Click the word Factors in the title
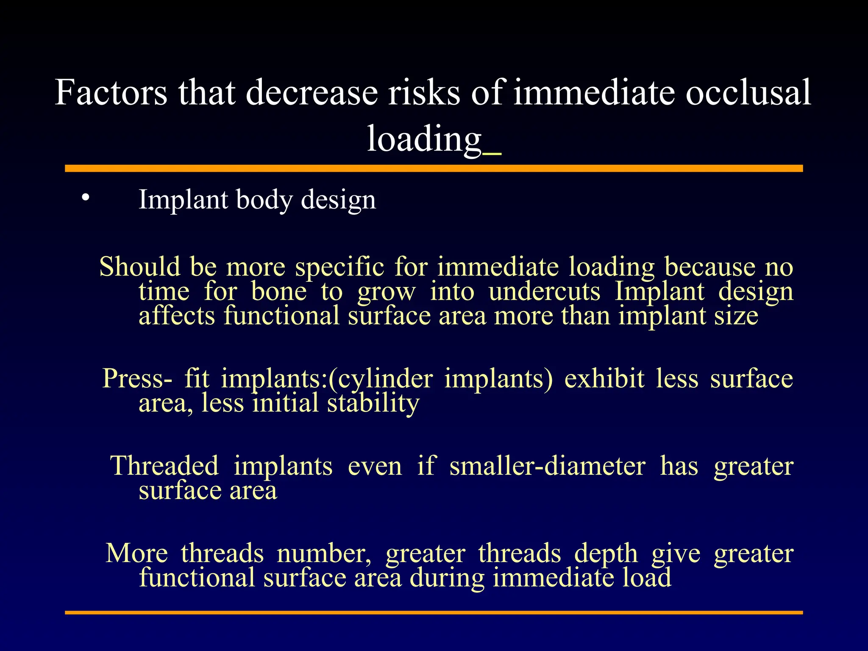coord(111,92)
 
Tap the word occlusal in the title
coord(748,92)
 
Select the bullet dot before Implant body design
coord(86,197)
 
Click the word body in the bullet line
coord(264,199)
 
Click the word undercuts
coord(544,292)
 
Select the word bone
coord(278,292)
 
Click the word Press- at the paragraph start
coord(137,378)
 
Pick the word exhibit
coord(604,378)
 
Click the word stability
coord(373,403)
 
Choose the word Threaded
coord(164,466)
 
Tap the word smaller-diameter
coord(547,466)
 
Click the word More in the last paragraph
coord(136,554)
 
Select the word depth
coord(606,554)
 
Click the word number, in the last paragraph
coord(324,554)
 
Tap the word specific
coord(339,267)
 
